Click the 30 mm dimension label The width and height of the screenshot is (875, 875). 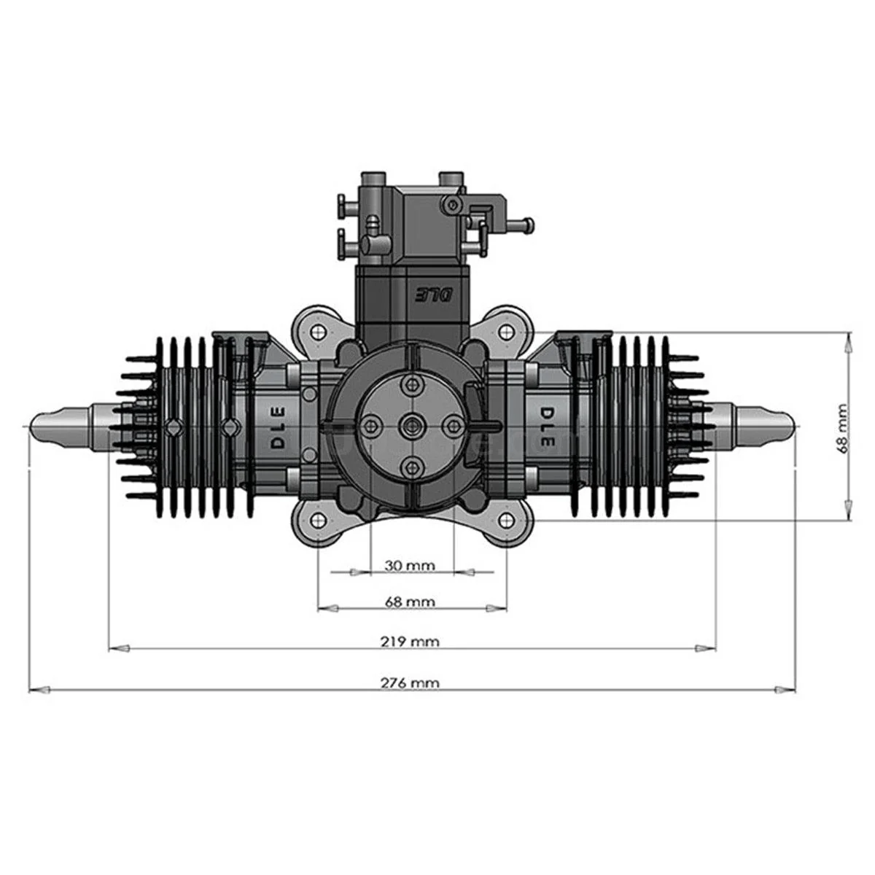pos(409,566)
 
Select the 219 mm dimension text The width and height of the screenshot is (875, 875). pos(410,642)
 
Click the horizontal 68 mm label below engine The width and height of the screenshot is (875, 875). pos(410,602)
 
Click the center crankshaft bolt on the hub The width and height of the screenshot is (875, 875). pos(412,425)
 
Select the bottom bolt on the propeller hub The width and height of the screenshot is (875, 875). pos(413,467)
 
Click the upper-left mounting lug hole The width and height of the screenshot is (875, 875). pos(319,331)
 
